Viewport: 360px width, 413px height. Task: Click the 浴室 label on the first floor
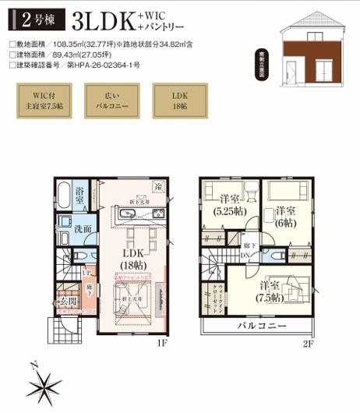click(80, 196)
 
